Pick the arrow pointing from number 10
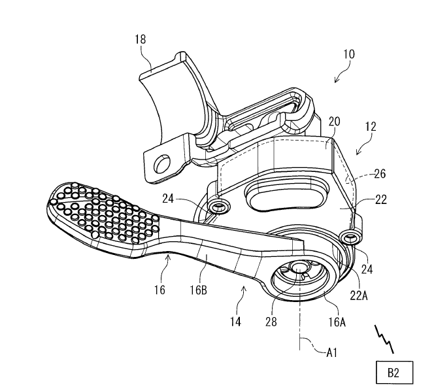coord(338,78)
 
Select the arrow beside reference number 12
coord(360,150)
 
